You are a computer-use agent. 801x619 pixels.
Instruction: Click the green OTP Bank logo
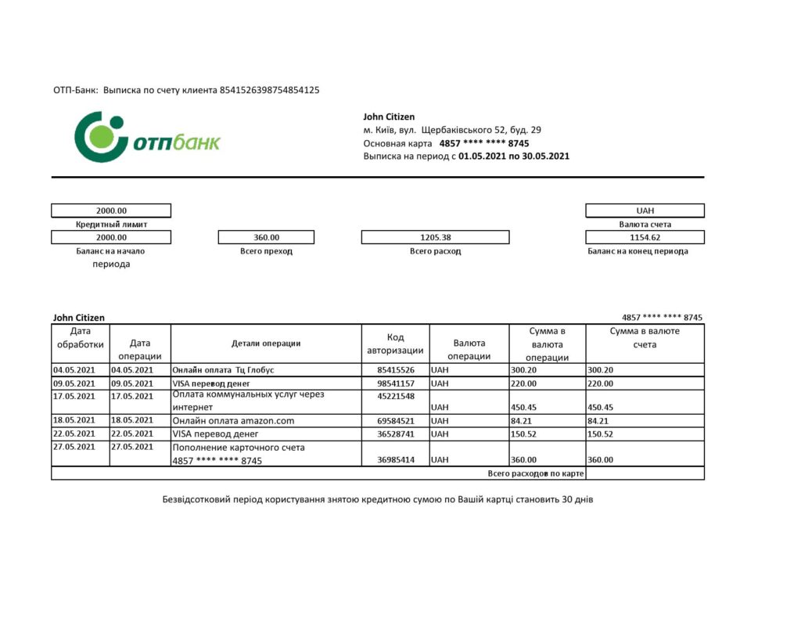pos(147,138)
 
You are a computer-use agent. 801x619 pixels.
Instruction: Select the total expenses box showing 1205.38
pos(435,237)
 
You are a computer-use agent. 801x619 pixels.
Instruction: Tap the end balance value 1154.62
pos(645,237)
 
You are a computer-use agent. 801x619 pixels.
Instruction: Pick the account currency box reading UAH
pos(645,211)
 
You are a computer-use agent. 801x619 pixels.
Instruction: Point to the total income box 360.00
pos(266,237)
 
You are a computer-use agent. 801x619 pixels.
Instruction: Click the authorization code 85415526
pos(395,369)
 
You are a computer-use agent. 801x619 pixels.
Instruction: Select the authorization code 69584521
pos(395,421)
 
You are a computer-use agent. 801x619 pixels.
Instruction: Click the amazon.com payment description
pos(233,421)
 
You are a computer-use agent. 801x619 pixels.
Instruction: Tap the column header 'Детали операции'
pos(266,343)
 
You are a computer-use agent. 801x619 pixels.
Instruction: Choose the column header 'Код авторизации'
pos(395,344)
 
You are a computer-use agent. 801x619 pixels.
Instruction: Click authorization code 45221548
pos(395,395)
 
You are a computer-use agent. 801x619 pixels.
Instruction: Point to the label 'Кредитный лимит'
pos(111,224)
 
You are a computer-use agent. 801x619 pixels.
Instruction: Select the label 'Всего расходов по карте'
pos(536,473)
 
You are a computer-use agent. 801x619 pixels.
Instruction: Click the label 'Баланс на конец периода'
pos(638,251)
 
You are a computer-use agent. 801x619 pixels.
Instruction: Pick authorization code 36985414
pos(395,460)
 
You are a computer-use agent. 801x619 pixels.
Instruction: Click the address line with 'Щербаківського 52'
pos(452,130)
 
